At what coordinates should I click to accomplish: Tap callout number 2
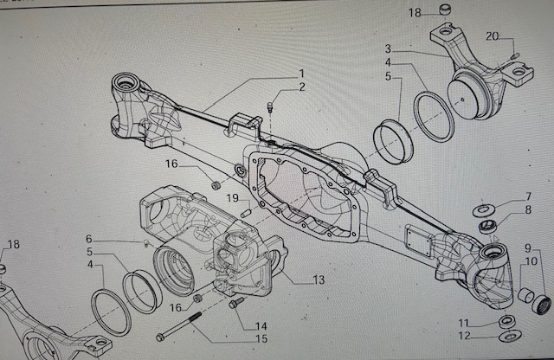click(301, 87)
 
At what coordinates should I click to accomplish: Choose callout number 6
click(88, 239)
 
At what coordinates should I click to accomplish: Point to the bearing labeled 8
click(488, 227)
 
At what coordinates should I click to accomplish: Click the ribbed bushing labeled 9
click(544, 305)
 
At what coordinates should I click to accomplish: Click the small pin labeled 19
click(246, 209)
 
